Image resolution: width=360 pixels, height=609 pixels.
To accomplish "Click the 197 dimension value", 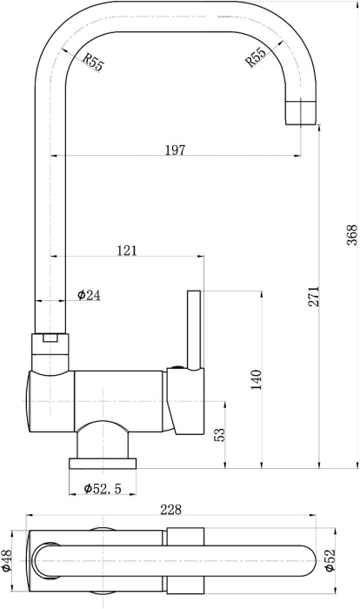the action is (x=176, y=150).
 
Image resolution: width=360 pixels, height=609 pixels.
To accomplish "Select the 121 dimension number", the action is (x=127, y=251).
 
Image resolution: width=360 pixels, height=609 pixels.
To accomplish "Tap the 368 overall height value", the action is (x=352, y=235).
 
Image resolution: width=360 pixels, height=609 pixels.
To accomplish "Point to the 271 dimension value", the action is (x=313, y=297).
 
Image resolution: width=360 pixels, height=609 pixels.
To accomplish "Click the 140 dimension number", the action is (x=257, y=380).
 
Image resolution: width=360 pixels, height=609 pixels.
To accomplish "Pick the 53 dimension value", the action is (x=219, y=435).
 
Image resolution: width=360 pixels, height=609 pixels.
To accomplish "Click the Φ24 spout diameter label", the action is (x=89, y=295).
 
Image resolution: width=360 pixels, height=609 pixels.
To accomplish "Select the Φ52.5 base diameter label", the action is (x=103, y=488).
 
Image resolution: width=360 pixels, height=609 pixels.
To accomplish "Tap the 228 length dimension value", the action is (x=171, y=509).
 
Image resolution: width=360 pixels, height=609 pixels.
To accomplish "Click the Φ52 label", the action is (x=330, y=560).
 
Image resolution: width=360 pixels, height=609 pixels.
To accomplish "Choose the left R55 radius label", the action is (x=93, y=62).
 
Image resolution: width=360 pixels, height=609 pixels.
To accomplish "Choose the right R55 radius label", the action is (x=256, y=57).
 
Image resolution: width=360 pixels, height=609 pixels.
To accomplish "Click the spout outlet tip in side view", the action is (x=301, y=112).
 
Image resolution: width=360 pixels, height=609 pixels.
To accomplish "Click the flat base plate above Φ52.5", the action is (x=103, y=464).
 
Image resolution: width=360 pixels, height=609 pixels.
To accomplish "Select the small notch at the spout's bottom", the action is (x=50, y=338).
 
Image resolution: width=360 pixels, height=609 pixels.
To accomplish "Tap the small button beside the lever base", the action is (x=178, y=366).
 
